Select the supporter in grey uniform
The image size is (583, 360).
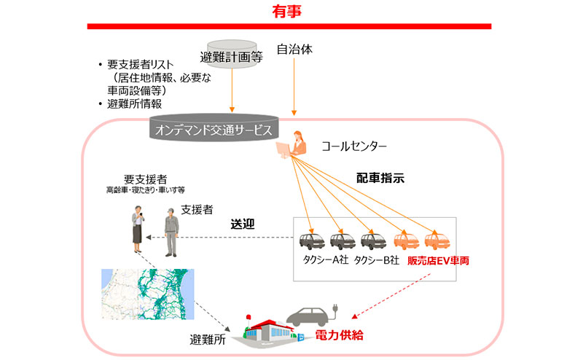point(171,232)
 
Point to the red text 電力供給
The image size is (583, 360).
point(339,336)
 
